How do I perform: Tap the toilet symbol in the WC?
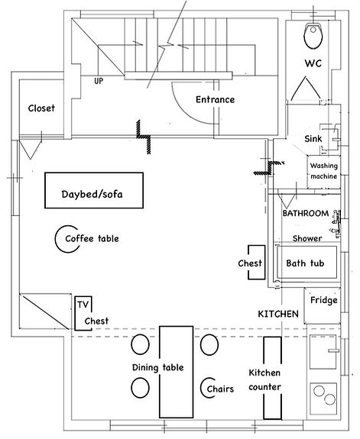[313, 34]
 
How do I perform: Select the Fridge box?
[323, 300]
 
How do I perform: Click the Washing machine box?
[323, 171]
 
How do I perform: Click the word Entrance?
[215, 99]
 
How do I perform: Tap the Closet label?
[41, 108]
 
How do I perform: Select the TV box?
[83, 304]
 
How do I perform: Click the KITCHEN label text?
[277, 314]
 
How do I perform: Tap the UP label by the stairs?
[99, 80]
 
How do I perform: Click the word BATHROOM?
[306, 213]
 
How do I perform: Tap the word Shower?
[307, 237]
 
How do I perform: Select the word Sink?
[313, 139]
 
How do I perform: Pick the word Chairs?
[221, 389]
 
